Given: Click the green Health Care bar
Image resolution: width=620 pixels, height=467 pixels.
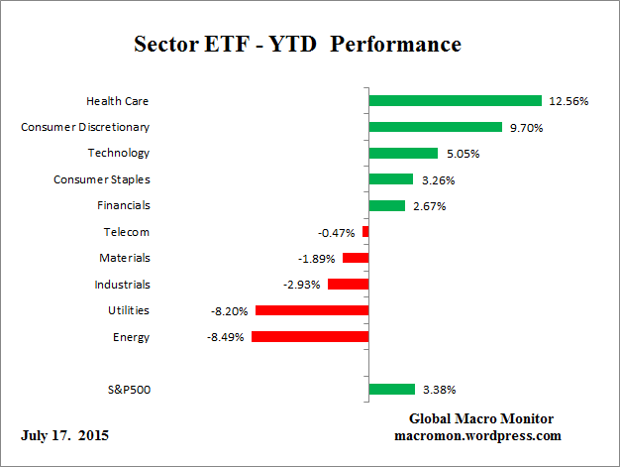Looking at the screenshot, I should pos(455,100).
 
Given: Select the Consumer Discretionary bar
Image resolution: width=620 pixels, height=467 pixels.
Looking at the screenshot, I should pos(435,127).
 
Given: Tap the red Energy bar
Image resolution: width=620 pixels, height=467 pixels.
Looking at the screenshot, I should pos(310,337).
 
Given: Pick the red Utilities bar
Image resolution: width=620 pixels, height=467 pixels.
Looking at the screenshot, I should pos(312,310).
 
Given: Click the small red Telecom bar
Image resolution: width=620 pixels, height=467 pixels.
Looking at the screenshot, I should pos(365,232).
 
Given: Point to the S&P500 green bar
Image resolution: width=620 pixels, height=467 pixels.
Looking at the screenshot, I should pos(391,390).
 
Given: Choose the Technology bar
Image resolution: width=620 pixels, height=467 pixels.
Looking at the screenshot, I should pos(403,153).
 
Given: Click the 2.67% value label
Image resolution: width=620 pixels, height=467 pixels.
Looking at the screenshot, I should pos(430,206).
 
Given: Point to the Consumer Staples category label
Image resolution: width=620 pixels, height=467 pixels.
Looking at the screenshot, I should pos(101,179).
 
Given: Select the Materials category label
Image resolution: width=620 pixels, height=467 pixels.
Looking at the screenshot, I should pos(125,258).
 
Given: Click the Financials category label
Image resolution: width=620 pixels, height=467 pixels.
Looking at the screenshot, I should pos(124,205).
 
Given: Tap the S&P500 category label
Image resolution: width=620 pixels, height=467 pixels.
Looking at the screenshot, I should pos(128,390).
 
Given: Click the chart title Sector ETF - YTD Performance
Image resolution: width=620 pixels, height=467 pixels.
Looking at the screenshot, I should pos(297,45).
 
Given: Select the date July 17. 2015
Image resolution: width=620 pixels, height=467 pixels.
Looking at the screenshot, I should pos(64,435).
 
